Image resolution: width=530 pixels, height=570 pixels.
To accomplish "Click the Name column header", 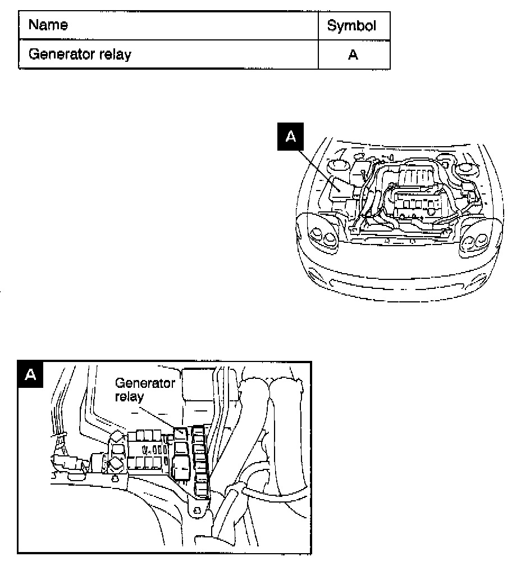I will [48, 25].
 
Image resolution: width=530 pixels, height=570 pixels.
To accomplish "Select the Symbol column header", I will [351, 26].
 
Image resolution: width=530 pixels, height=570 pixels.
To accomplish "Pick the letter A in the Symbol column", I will [353, 55].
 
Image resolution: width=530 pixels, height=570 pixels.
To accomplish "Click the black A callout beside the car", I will [290, 137].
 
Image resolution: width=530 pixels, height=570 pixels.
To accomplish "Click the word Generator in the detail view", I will [145, 383].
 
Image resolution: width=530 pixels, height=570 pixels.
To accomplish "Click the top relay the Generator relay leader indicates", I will [181, 434].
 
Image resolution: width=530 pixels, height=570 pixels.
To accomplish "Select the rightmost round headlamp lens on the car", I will [481, 243].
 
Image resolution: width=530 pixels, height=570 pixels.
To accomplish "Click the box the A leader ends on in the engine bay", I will [341, 187].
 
